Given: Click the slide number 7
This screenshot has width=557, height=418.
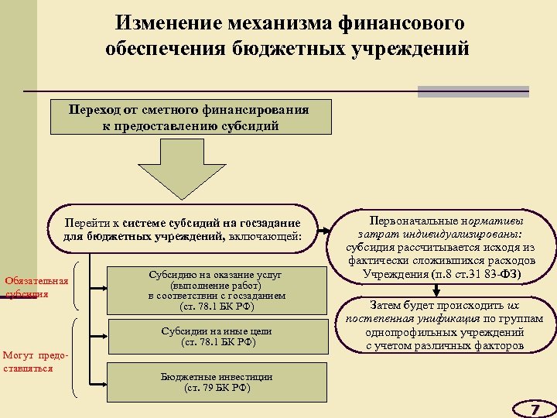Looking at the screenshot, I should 534,408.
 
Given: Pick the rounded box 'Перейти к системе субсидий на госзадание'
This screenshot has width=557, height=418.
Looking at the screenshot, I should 183,229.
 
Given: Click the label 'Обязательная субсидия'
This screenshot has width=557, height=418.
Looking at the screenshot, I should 36,287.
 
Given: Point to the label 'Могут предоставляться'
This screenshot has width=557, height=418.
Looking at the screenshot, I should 35,361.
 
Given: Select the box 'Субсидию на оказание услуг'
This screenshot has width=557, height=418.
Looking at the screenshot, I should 217,290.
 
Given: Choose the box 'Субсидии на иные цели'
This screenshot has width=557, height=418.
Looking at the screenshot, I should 217,336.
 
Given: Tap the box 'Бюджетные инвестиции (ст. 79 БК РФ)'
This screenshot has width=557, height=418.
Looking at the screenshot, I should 217,382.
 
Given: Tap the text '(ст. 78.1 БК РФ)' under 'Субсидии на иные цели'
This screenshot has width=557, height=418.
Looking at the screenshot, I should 217,341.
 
